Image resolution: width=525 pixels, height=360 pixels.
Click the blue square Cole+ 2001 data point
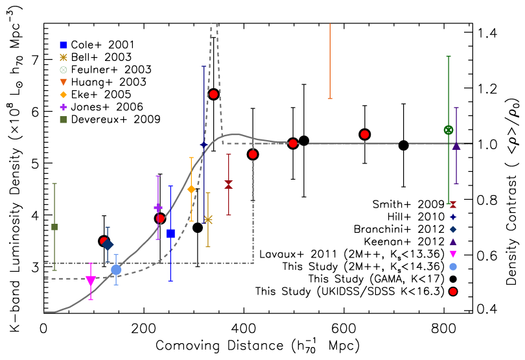tap(170, 234)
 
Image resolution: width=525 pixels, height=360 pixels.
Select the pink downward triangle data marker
tap(91, 281)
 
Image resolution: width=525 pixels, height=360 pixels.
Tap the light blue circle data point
tap(116, 269)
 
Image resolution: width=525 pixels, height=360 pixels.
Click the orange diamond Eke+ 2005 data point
tap(191, 189)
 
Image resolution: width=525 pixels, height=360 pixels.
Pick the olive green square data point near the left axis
tap(54, 227)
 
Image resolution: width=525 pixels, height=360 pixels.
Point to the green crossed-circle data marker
tap(449, 130)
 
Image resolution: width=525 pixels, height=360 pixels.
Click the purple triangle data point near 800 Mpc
tap(456, 146)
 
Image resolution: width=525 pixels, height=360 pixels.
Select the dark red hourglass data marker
tap(229, 185)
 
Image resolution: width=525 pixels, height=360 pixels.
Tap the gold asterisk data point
tap(208, 219)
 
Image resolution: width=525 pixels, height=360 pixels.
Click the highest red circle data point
tap(214, 95)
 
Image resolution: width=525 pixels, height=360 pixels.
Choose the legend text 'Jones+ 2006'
tap(107, 107)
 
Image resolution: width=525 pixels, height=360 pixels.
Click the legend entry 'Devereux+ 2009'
tap(116, 119)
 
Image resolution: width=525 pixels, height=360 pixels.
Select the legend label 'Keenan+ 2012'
tap(404, 241)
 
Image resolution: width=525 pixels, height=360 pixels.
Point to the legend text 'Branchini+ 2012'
tap(399, 229)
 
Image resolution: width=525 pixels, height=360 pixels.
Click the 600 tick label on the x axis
tap(344, 329)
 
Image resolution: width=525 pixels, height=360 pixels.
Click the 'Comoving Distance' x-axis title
tap(219, 345)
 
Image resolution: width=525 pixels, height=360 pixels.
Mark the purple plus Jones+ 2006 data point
tap(158, 208)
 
